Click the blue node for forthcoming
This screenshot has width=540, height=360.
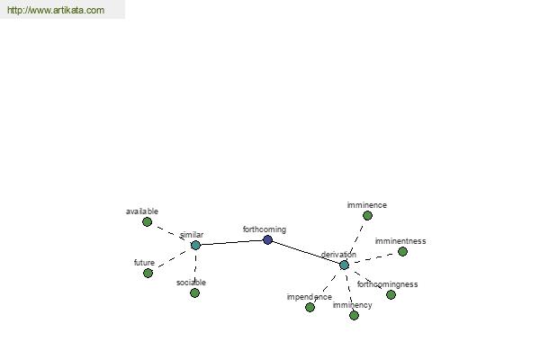tap(267, 239)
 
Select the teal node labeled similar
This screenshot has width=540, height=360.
tap(195, 246)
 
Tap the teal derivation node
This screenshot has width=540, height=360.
tap(344, 265)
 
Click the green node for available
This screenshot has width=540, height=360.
tap(147, 222)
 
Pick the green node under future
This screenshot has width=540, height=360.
tap(148, 274)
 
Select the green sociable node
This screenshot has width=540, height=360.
tap(194, 292)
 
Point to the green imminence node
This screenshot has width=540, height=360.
tap(367, 216)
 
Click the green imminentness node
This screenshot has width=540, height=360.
tap(402, 251)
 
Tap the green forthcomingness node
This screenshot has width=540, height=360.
tap(391, 294)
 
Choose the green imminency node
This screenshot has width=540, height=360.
tap(354, 315)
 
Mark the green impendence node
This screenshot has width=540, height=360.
tap(310, 307)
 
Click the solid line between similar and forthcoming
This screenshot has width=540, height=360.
tap(231, 242)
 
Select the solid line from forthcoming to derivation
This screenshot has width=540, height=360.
tap(306, 253)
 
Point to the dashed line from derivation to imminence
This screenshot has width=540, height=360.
tap(355, 240)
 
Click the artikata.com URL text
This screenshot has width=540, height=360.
tap(56, 10)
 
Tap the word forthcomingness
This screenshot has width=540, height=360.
tap(387, 284)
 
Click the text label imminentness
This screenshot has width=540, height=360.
tap(400, 241)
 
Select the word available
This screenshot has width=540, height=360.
tap(142, 211)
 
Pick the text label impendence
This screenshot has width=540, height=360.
tap(310, 297)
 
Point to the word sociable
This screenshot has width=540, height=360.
tap(191, 283)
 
